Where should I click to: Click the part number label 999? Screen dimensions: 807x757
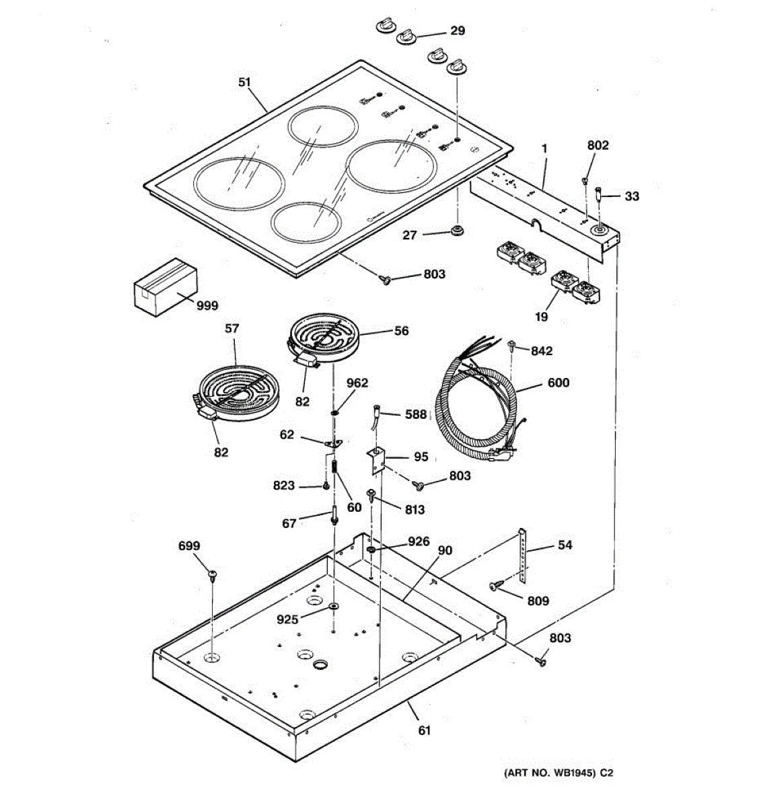[x=207, y=305]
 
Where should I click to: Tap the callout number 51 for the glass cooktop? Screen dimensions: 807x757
[x=244, y=82]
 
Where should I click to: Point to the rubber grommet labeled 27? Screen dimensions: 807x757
[x=458, y=232]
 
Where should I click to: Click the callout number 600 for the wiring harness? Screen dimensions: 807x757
[x=558, y=383]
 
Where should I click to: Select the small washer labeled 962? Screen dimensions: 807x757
[x=334, y=411]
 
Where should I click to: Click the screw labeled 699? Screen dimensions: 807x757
[x=213, y=574]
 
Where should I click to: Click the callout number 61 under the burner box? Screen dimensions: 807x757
[x=424, y=730]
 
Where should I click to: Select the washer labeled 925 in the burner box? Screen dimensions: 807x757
[x=334, y=607]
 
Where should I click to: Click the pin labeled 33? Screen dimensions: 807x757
[x=599, y=196]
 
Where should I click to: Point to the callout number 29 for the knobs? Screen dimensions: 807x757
[x=457, y=31]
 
